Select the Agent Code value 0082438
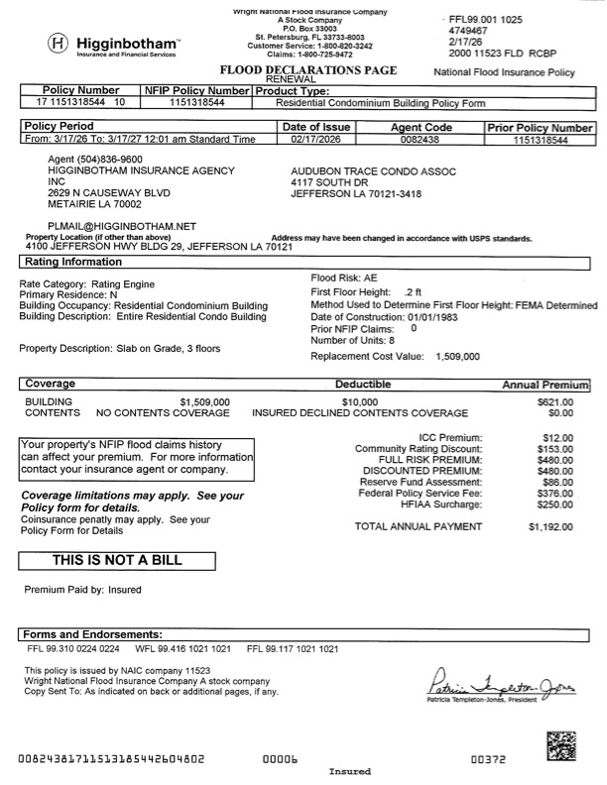coord(424,141)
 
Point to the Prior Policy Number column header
coord(540,128)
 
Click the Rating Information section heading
coord(67,263)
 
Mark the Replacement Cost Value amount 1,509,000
coord(457,356)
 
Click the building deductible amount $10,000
coord(359,401)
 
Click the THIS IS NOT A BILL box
coord(117,560)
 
